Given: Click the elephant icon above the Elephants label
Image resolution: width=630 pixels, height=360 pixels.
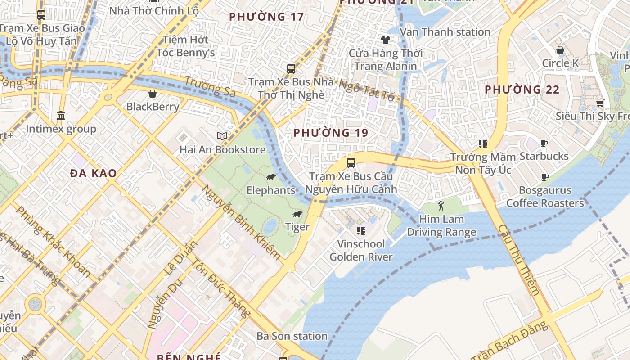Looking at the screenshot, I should (x=270, y=177).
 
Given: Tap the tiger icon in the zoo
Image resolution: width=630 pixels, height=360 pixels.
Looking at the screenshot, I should (x=297, y=214).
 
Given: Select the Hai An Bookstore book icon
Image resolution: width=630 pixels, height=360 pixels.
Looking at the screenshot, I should (x=222, y=136).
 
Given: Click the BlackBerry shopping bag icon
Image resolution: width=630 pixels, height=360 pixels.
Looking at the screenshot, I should (x=153, y=94).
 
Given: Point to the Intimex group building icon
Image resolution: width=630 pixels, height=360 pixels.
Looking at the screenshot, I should (x=61, y=116).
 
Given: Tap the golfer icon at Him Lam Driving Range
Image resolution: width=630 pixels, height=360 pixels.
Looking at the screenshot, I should (x=441, y=206).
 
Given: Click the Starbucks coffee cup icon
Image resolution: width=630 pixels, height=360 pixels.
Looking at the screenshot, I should (x=544, y=144).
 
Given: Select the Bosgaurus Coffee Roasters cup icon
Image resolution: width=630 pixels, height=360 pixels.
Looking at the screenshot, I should (x=544, y=177).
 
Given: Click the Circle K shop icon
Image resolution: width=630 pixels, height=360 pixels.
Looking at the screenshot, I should (x=560, y=50).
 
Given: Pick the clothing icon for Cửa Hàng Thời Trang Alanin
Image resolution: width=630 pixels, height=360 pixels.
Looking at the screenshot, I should (x=385, y=40).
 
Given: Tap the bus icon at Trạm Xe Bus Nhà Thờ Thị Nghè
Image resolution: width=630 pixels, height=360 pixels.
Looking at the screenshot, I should (x=291, y=69).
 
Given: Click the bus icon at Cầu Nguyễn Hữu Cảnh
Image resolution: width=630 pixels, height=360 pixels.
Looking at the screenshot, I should (x=351, y=163).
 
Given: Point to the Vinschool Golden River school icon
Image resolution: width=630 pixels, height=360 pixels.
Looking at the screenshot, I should (x=360, y=231).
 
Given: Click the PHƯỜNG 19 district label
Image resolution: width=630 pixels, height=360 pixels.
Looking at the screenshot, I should (x=331, y=133).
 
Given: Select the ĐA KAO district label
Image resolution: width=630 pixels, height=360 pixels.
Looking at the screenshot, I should (x=94, y=173).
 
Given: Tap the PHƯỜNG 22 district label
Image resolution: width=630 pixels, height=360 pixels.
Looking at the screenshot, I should (x=522, y=90).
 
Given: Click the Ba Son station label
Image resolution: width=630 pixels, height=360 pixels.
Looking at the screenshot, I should (x=292, y=336).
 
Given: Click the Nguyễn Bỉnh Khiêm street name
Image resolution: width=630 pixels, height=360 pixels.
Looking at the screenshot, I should (x=241, y=223).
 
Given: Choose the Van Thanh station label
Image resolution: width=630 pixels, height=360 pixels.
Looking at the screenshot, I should (x=445, y=32).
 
